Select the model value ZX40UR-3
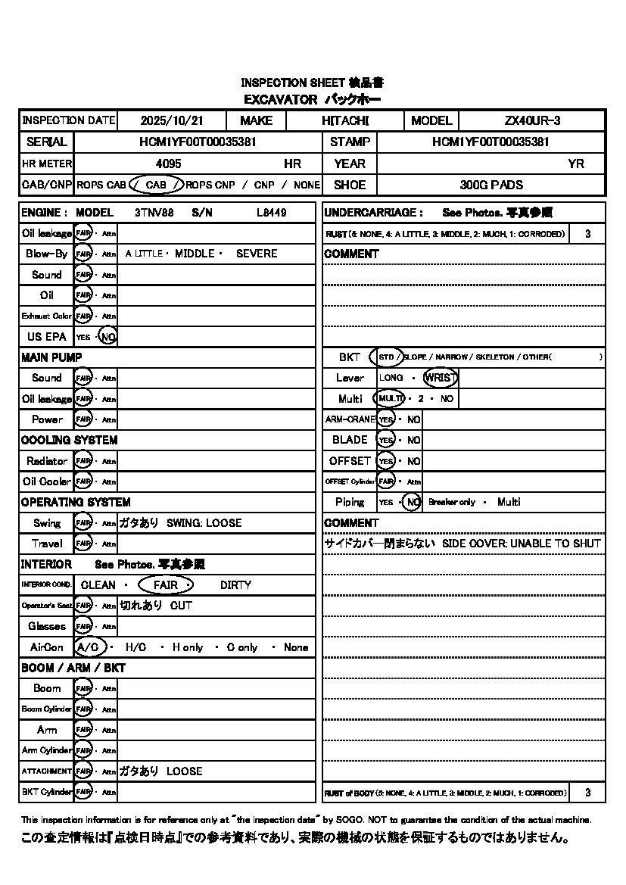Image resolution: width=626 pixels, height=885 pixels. click(x=532, y=120)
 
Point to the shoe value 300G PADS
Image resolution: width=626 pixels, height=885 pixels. click(x=491, y=185)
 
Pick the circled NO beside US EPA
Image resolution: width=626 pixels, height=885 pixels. click(x=108, y=337)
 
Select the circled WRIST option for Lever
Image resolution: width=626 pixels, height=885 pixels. click(x=441, y=378)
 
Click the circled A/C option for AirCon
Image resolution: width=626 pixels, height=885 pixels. click(x=91, y=647)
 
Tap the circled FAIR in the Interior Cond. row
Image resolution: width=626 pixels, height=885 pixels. click(x=166, y=585)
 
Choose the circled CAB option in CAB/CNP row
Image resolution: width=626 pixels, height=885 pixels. click(x=156, y=185)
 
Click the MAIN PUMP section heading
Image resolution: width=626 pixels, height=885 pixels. click(x=51, y=357)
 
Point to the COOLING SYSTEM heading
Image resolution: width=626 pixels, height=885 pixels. click(x=69, y=440)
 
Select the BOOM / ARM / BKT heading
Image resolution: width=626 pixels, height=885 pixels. click(x=73, y=668)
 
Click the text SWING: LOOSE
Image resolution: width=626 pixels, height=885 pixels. click(x=204, y=523)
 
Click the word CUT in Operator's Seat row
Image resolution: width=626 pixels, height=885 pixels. click(x=181, y=606)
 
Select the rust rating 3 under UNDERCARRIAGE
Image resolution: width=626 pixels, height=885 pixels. click(x=587, y=234)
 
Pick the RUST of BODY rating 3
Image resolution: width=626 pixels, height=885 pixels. click(x=587, y=793)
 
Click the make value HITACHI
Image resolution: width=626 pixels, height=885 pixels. click(x=344, y=120)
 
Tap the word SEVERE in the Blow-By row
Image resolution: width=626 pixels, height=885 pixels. click(x=257, y=254)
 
